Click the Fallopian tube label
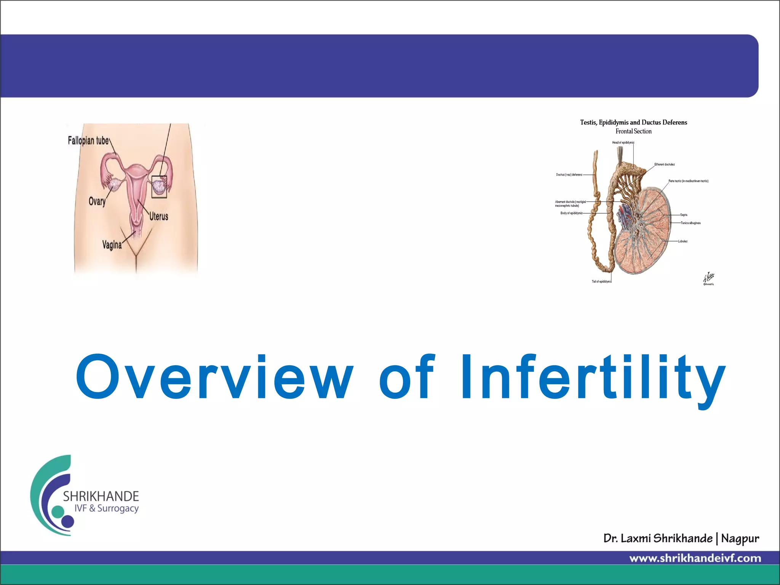coord(88,141)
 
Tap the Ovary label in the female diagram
coord(97,201)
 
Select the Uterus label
coord(158,216)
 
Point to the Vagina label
coord(112,245)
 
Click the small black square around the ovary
coord(159,187)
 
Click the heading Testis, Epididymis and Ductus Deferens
coord(633,122)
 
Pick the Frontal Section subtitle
coord(633,131)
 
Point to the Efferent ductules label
coord(665,165)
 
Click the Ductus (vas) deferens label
coord(569,175)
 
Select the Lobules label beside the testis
coord(682,241)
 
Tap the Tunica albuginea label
coord(690,223)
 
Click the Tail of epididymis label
coord(601,281)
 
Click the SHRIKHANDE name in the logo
coord(101,496)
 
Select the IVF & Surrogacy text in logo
coord(106,508)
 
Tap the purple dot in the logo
coord(67,521)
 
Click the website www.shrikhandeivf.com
coord(695,558)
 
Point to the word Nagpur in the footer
coord(740,539)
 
